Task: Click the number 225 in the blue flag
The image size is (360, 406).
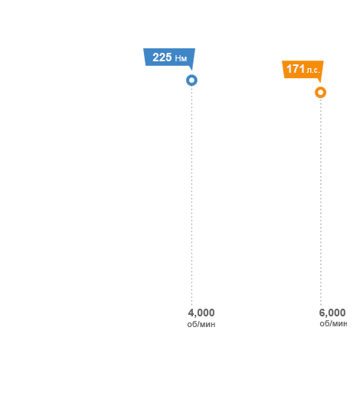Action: tap(162, 57)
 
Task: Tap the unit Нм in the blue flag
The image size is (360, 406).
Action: tap(181, 58)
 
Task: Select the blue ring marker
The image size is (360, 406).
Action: tap(191, 80)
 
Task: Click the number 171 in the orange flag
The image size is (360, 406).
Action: tap(296, 69)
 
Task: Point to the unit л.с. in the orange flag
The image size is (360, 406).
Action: tap(313, 70)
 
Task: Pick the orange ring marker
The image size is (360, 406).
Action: tap(320, 93)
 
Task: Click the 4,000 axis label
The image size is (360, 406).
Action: tap(201, 313)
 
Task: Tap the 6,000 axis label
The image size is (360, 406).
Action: tap(332, 313)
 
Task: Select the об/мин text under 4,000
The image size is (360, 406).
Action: tap(201, 324)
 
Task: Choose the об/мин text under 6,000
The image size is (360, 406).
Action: tap(333, 324)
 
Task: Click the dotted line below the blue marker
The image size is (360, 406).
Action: tap(191, 196)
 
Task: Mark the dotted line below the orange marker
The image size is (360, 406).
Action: tap(321, 202)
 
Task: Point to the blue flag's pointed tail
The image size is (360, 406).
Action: tap(191, 70)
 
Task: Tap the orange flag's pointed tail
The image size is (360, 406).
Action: tap(320, 82)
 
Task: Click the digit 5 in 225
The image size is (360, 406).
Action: tap(169, 57)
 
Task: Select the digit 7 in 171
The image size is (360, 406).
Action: tap(296, 69)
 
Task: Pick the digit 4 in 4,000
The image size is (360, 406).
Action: tap(191, 313)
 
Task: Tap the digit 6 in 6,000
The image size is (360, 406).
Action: tap(322, 313)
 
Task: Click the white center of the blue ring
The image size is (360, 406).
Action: tap(191, 80)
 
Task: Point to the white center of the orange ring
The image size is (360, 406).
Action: tap(320, 93)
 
